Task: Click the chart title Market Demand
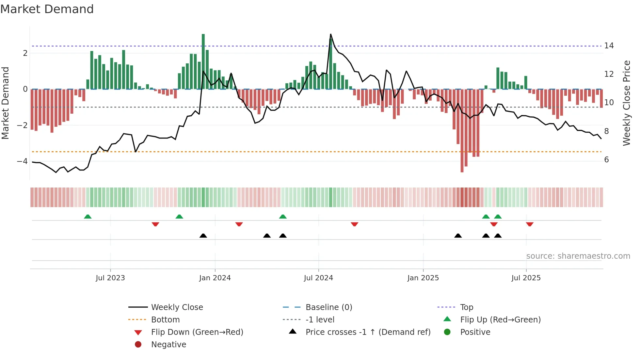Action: [47, 9]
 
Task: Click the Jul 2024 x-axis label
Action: [318, 278]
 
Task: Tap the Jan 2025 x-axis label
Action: [423, 278]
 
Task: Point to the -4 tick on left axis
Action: [22, 161]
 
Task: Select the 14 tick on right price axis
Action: [609, 46]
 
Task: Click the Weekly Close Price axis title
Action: [626, 103]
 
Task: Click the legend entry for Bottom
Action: [165, 320]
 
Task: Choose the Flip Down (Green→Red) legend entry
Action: [197, 332]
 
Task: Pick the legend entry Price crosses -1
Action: [368, 332]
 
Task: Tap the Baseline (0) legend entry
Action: [328, 307]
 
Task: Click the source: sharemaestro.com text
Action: [578, 256]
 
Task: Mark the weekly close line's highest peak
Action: [330, 34]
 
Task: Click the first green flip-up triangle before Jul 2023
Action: [88, 217]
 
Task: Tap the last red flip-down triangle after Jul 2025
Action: [530, 224]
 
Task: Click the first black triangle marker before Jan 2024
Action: [203, 236]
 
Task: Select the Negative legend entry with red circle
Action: [168, 345]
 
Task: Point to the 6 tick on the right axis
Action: [606, 160]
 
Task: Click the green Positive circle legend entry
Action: [475, 332]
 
